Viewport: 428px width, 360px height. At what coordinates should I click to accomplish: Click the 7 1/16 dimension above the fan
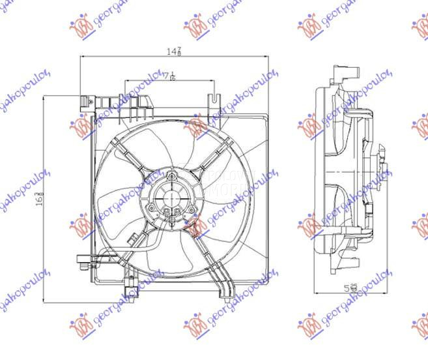point(170,77)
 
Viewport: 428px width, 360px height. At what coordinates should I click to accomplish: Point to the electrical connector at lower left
point(82,263)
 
